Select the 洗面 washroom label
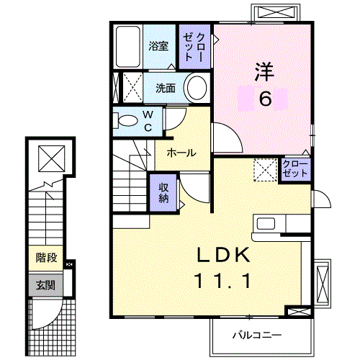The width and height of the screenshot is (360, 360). click(166, 89)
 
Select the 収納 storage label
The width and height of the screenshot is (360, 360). click(164, 192)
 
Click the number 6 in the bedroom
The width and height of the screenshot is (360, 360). click(266, 99)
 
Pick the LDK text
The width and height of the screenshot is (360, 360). click(224, 256)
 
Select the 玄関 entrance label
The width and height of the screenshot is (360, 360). click(45, 284)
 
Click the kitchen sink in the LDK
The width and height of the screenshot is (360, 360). click(264, 223)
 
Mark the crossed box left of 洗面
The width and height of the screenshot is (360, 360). click(131, 89)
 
